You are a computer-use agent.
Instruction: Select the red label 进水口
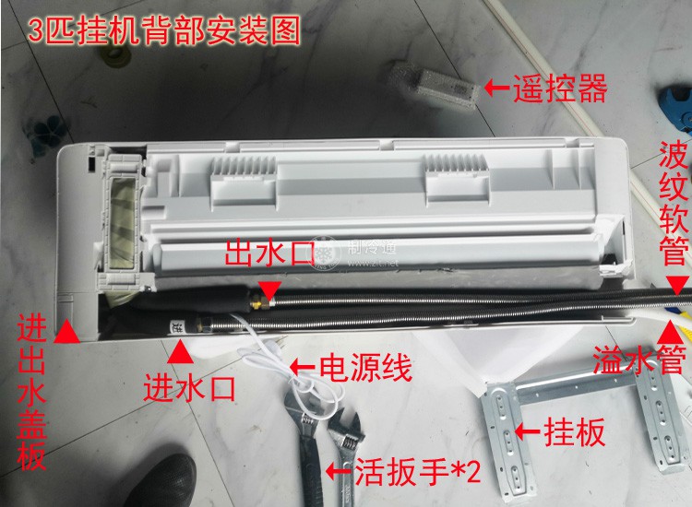point(188,387)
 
